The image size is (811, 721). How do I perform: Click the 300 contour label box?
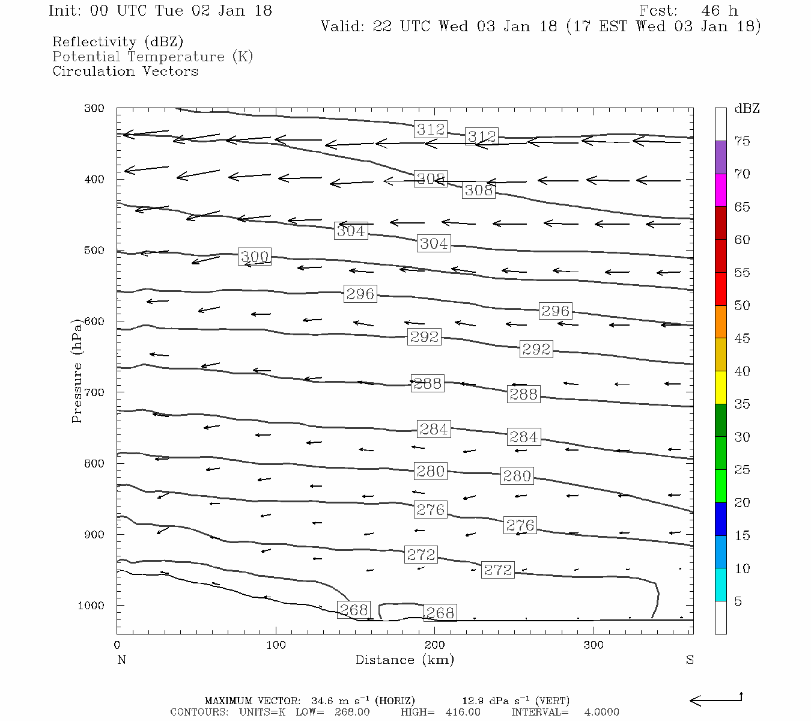click(x=255, y=257)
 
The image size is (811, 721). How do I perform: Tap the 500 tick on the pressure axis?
click(x=94, y=251)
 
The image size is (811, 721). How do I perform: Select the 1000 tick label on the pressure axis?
click(x=91, y=606)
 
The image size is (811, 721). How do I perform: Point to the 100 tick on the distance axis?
click(x=276, y=645)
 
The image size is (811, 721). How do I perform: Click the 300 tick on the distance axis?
click(x=594, y=645)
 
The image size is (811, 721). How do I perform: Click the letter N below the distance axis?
click(x=121, y=660)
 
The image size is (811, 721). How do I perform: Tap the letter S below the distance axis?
click(x=690, y=660)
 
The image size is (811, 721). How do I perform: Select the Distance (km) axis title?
click(x=405, y=660)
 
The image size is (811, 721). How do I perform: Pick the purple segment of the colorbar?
click(x=720, y=157)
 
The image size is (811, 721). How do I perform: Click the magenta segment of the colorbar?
click(x=720, y=190)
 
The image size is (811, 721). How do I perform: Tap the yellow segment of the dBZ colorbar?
click(x=720, y=388)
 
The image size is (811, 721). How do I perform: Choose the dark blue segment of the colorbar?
click(x=720, y=519)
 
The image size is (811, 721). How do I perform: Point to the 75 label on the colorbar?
click(x=743, y=141)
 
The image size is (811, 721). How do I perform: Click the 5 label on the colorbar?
click(x=738, y=601)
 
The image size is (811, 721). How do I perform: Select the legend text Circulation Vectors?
click(x=125, y=71)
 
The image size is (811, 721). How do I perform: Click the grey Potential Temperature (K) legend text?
click(x=153, y=56)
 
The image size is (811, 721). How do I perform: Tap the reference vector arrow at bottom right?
click(x=715, y=699)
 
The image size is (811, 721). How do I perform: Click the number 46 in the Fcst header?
click(x=711, y=11)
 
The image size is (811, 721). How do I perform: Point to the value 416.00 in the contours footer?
click(x=463, y=712)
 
